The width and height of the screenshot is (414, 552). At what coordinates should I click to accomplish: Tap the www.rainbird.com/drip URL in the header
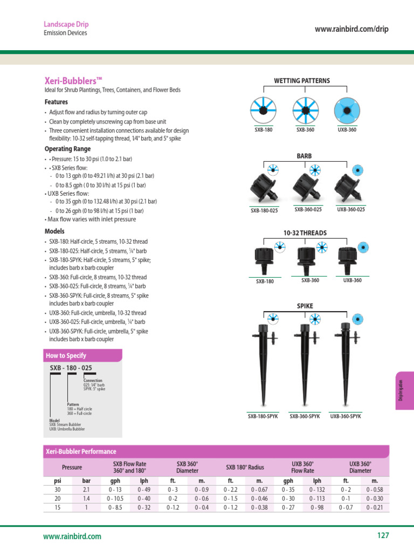[x=351, y=29]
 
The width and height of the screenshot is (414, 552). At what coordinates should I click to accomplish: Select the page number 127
[x=383, y=535]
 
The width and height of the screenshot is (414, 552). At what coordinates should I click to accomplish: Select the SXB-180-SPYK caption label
[x=263, y=417]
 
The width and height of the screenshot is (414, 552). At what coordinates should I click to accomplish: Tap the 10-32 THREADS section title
[x=305, y=232]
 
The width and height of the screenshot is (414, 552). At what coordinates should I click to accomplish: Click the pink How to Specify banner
[x=82, y=355]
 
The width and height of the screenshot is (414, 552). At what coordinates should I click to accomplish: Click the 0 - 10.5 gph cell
[x=115, y=499]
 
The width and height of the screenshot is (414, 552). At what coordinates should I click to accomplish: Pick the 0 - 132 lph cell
[x=318, y=489]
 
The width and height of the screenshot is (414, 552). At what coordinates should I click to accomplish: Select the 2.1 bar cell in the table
[x=86, y=489]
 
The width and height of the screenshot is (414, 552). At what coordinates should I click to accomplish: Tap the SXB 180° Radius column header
[x=245, y=467]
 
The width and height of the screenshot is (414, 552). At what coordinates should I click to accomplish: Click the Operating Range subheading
[x=67, y=149]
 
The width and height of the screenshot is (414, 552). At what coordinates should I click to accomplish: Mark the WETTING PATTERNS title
[x=302, y=81]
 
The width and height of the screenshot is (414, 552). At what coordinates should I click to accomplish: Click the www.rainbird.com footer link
[x=72, y=536]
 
